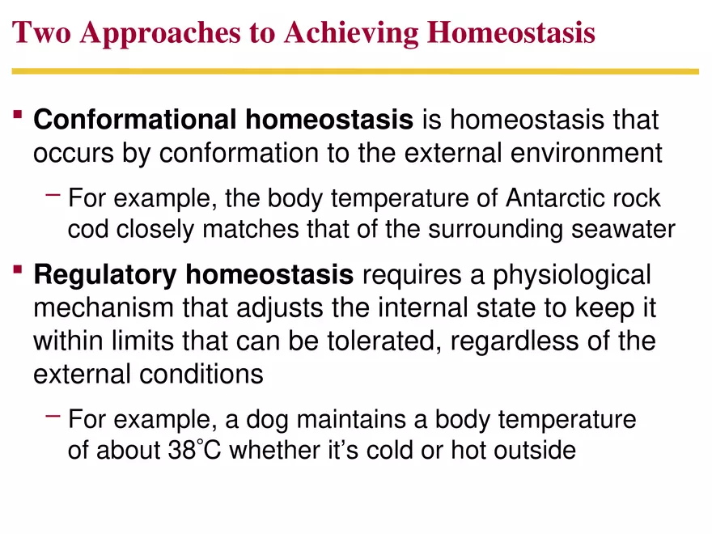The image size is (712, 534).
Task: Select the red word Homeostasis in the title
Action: click(511, 33)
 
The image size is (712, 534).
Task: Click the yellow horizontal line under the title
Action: click(355, 71)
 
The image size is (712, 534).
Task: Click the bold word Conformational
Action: click(135, 121)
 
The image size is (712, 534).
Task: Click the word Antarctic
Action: click(555, 198)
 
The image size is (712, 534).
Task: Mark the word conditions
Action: click(201, 375)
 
